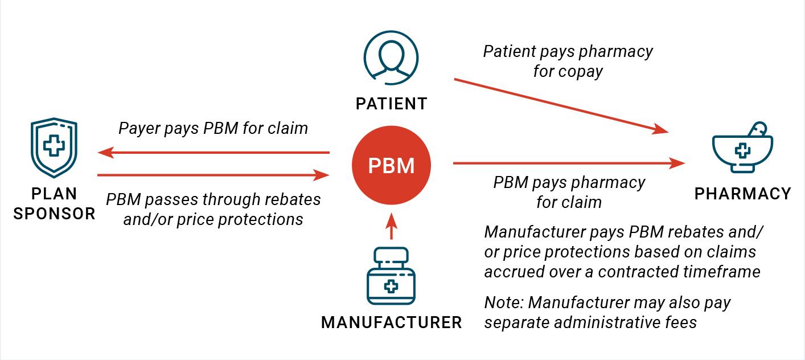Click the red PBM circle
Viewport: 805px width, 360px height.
pos(391,166)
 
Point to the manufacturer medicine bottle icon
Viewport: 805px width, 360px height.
pos(391,276)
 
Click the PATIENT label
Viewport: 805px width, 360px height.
pos(391,104)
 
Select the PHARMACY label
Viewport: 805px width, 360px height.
pos(742,194)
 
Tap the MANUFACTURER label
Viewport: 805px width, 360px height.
pos(391,322)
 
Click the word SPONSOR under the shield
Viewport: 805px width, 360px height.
pos(54,214)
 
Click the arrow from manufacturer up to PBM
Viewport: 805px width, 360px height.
pos(391,227)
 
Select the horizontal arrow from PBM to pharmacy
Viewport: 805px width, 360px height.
pos(569,164)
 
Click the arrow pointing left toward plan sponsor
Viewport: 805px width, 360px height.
pos(213,153)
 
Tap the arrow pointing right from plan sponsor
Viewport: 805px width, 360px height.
pos(213,175)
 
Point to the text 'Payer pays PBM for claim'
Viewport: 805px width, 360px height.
pos(213,128)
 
